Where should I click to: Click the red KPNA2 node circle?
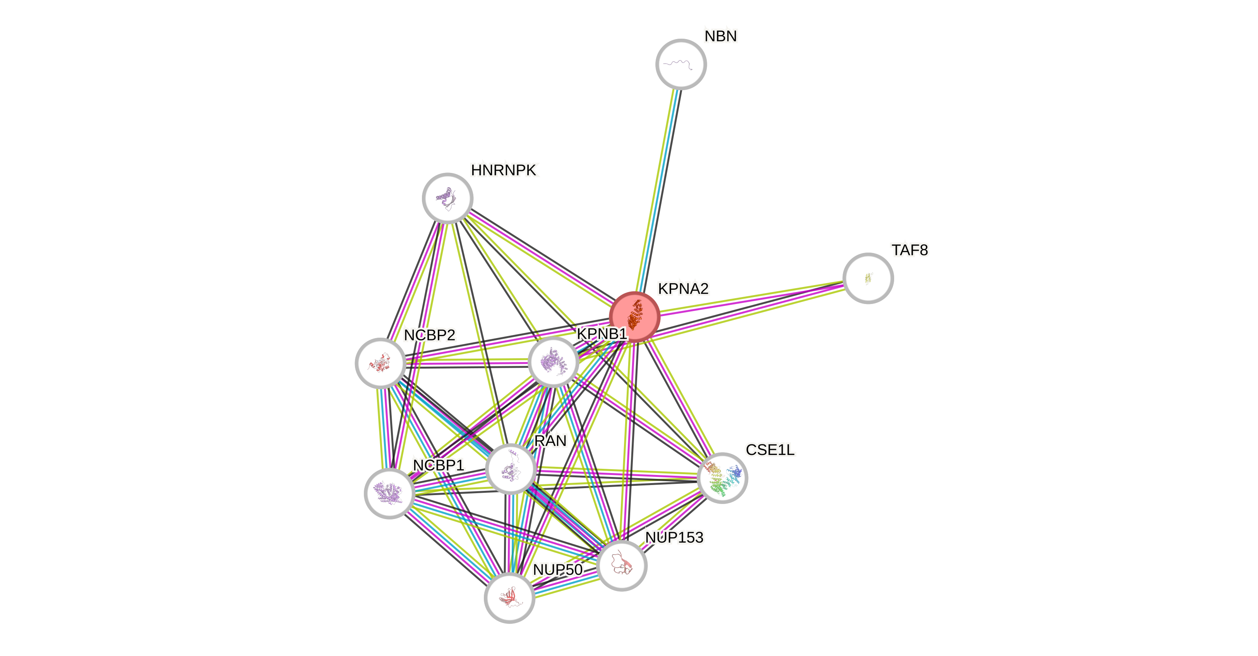point(634,317)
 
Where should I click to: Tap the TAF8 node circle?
point(868,278)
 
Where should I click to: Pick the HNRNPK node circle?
point(447,198)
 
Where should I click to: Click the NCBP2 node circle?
point(380,364)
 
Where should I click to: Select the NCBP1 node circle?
point(390,494)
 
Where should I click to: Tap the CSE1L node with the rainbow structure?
point(722,478)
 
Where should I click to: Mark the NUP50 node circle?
point(509,598)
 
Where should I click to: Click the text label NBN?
point(720,36)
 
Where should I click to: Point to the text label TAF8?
point(909,250)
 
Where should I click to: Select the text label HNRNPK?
point(504,170)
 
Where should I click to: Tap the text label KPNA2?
point(683,289)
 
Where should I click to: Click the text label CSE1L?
point(770,449)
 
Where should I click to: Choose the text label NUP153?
point(674,537)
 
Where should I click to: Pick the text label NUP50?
point(557,570)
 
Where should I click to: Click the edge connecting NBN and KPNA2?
point(657,190)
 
